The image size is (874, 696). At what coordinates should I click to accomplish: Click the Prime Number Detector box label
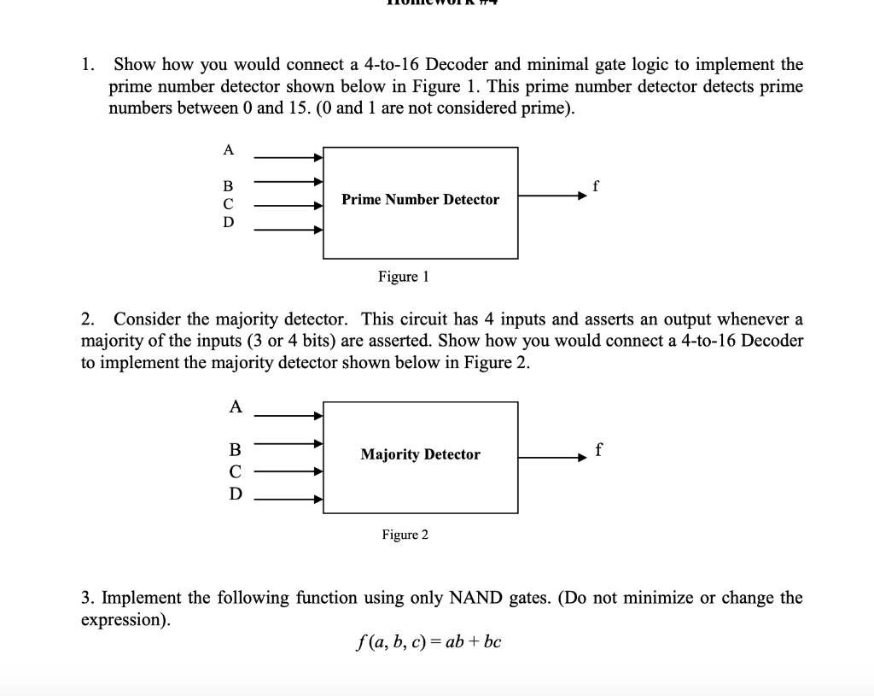pos(420,200)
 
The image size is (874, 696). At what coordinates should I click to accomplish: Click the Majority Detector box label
pos(420,454)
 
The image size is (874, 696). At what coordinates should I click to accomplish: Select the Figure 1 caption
pos(404,277)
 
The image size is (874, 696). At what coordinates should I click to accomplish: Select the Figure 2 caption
pos(405,535)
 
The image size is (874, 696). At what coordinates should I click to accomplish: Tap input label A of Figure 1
pos(228,150)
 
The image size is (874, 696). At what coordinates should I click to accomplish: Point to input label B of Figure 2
pos(236,449)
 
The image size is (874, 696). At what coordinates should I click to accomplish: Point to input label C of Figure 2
pos(236,471)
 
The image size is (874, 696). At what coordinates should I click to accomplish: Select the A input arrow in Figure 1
pos(288,158)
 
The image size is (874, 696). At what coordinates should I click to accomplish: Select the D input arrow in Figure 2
pos(288,500)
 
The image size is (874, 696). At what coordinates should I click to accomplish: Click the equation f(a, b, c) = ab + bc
pos(427,641)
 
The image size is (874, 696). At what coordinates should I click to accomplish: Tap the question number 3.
pos(86,598)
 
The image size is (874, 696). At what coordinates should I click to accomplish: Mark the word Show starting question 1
pos(133,64)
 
